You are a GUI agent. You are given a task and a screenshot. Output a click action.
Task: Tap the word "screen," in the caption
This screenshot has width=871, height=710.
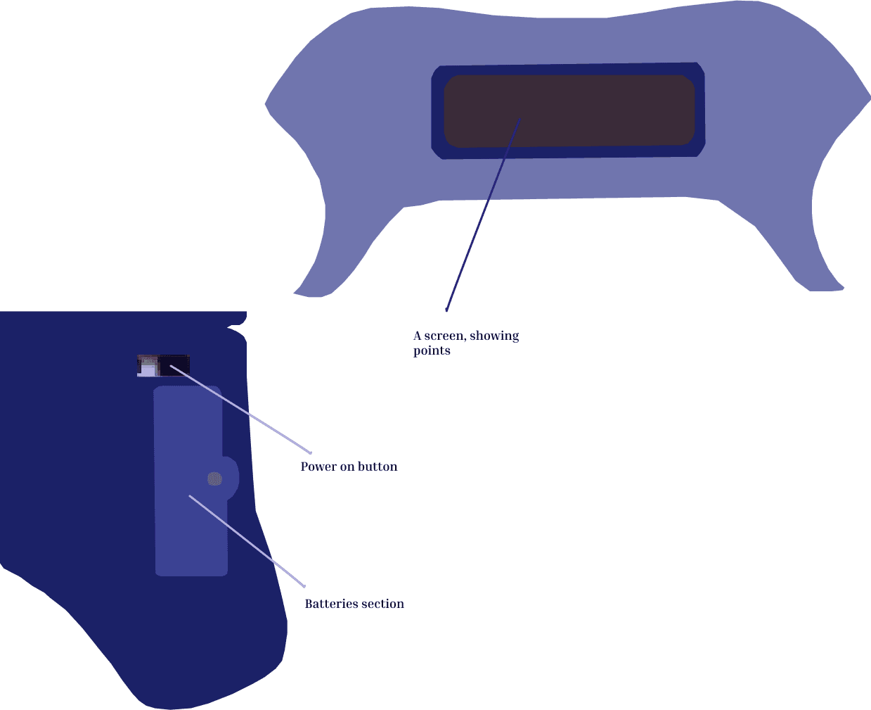[x=445, y=336]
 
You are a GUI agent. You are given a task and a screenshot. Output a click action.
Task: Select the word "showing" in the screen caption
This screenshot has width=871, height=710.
[x=494, y=336]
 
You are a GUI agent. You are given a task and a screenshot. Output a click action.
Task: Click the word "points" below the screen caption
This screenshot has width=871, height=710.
[x=432, y=350]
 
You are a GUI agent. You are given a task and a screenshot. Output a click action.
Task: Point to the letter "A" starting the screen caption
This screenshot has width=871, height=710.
[x=417, y=336]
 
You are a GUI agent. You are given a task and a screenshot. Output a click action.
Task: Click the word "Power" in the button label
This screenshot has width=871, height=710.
[x=318, y=467]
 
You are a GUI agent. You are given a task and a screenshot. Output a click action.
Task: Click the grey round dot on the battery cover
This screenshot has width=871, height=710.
[x=215, y=479]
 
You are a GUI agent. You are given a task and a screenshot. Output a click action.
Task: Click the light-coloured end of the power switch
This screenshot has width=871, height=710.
[x=148, y=366]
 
